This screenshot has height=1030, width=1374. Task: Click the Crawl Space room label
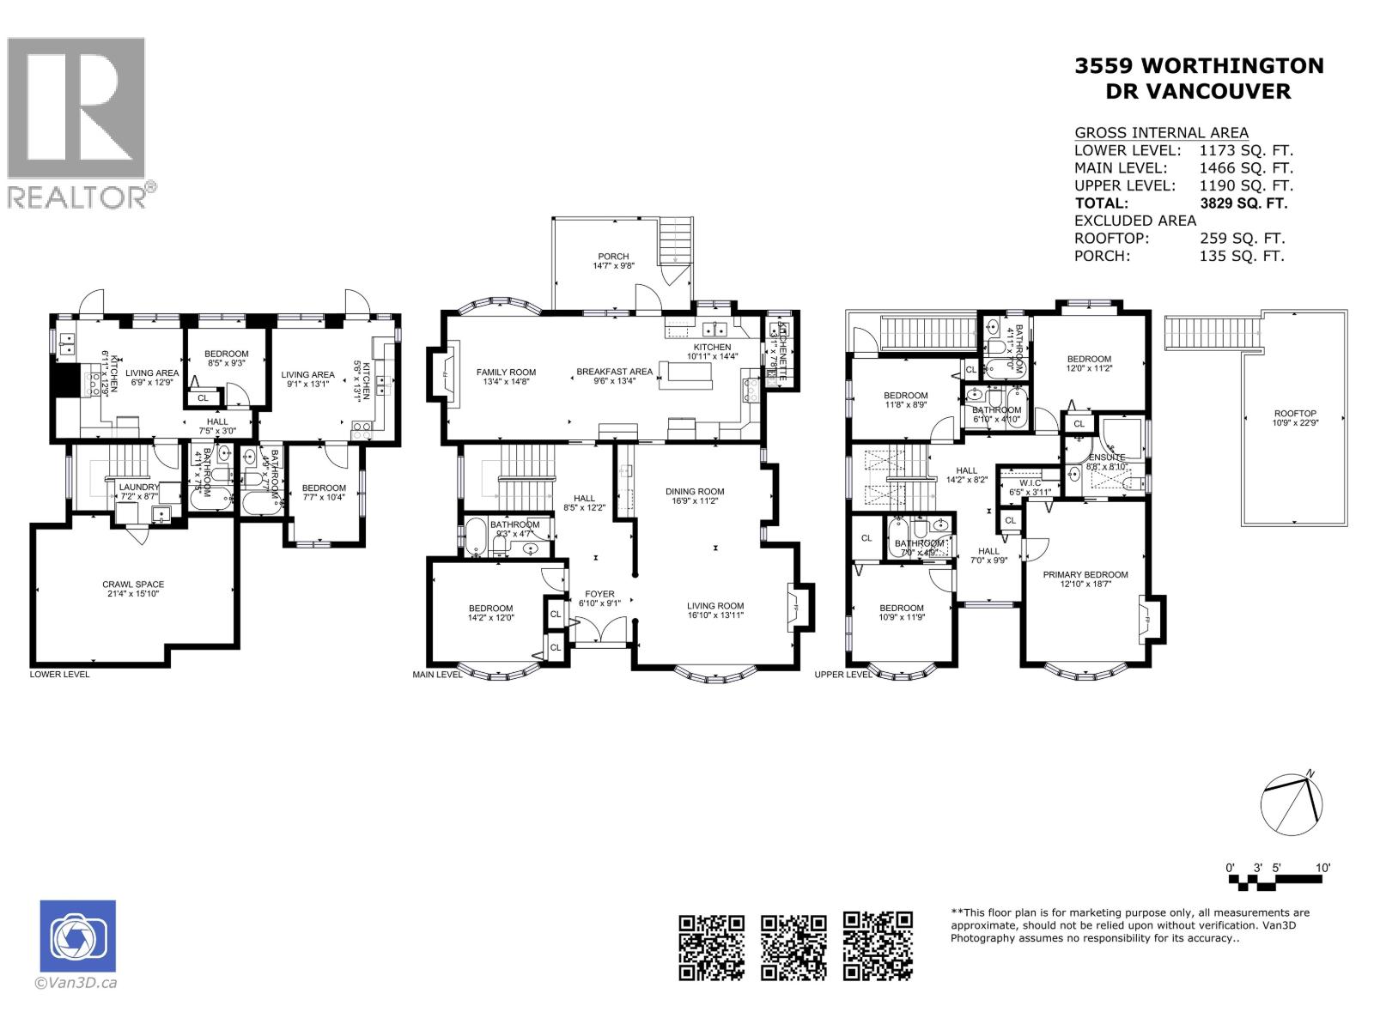[x=132, y=585]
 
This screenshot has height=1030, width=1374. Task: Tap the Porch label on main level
[x=613, y=256]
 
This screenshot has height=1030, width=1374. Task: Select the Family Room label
[x=506, y=372]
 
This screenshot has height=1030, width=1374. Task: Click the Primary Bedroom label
[x=1085, y=574]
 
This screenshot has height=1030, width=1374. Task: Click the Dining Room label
[x=695, y=492]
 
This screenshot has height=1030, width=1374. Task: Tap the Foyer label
[x=599, y=593]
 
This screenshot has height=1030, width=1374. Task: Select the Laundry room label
[x=138, y=487]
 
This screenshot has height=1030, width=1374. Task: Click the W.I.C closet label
[x=1030, y=482]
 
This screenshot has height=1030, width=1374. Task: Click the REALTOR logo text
[x=77, y=197]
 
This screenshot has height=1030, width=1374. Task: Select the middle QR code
[x=794, y=946]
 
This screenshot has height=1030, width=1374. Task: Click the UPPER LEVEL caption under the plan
[x=843, y=675]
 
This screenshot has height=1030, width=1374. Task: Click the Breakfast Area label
[x=614, y=372]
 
